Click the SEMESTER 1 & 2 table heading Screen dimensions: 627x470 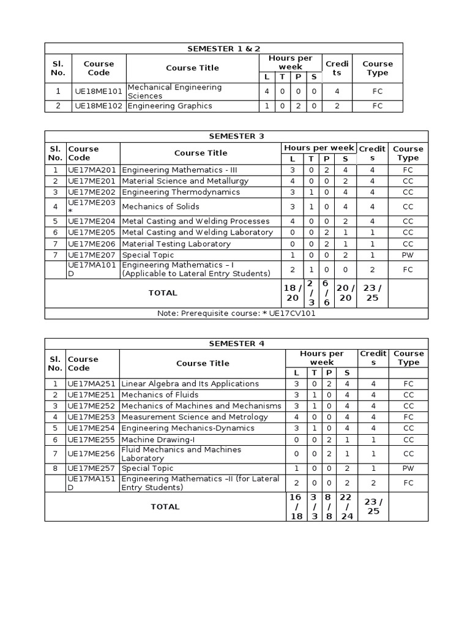pos(223,48)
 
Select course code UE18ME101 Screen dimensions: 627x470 pos(99,91)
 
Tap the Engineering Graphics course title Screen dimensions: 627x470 pos(161,106)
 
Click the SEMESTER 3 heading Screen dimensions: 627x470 pos(236,136)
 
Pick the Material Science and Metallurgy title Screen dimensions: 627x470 pos(185,181)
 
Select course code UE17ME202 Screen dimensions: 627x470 pos(92,192)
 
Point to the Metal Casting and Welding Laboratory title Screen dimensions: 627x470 pos(197,233)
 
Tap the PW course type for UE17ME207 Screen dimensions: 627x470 pos(408,255)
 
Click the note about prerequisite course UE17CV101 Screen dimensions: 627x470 pos(236,313)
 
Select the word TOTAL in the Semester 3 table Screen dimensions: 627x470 pos(163,293)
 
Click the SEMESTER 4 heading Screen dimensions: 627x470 pos(236,344)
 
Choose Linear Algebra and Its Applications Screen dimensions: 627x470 pos(190,384)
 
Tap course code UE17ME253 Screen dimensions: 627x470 pos(92,417)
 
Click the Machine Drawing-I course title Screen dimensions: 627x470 pos(158,440)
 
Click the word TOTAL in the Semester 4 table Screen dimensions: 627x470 pos(165,506)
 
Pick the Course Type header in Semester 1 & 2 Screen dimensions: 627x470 pos(377,68)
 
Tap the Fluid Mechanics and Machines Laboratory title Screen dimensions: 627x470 pos(181,454)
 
